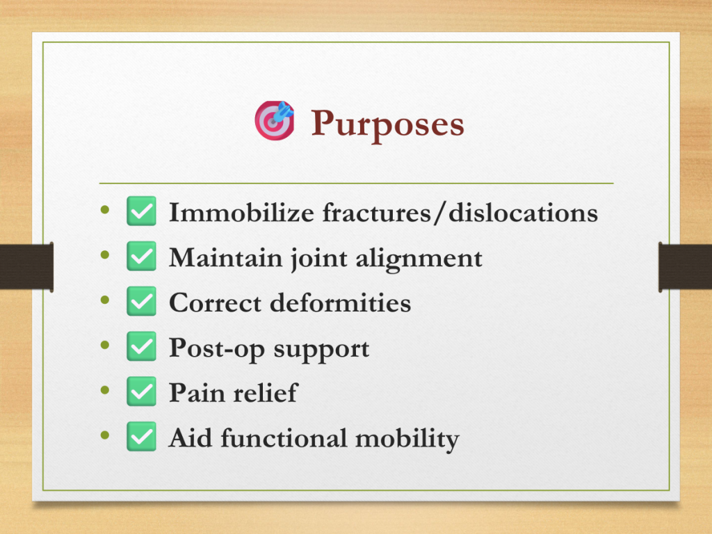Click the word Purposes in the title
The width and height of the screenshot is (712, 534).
[x=387, y=124]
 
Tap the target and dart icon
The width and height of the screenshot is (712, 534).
[x=274, y=120]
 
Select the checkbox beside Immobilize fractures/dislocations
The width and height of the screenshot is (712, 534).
[x=141, y=211]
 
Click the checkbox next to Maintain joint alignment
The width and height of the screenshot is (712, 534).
[x=141, y=256]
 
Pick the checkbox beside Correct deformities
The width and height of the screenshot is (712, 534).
[x=141, y=301]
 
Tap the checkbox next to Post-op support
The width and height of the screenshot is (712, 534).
[x=141, y=346]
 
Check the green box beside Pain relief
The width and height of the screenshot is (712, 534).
[x=141, y=391]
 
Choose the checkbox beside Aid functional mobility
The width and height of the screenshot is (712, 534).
[x=141, y=437]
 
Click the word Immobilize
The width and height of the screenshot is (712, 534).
[x=241, y=212]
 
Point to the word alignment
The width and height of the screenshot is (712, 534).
[x=419, y=259]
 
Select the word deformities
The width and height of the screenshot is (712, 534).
[x=341, y=302]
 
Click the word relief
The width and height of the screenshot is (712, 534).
[x=265, y=393]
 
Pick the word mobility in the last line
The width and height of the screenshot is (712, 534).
[x=407, y=439]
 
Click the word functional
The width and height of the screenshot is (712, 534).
[x=284, y=438]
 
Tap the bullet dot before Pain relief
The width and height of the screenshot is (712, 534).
[x=105, y=390]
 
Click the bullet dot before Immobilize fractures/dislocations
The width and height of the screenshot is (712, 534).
[x=105, y=210]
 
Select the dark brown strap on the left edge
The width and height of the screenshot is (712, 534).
[x=26, y=266]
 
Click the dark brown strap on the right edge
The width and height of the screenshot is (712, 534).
[x=685, y=266]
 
